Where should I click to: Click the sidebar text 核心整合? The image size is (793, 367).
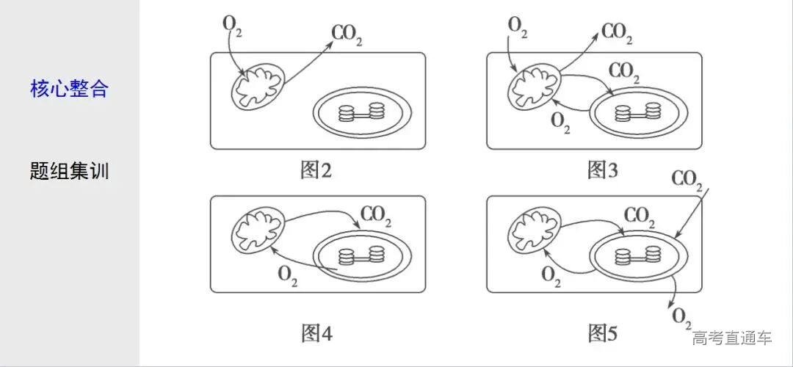(x=69, y=90)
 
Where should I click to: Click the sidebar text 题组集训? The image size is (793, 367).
(x=69, y=172)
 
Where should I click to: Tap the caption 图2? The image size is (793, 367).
(x=316, y=171)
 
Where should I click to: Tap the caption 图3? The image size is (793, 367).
(x=603, y=171)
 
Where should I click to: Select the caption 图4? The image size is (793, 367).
(x=316, y=334)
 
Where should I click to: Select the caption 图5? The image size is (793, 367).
(x=603, y=334)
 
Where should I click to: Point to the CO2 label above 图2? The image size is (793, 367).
(x=347, y=34)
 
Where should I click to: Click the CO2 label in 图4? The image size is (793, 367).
(x=376, y=217)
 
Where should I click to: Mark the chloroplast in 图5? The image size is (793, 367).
(x=636, y=255)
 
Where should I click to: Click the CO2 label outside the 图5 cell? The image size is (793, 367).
(x=687, y=181)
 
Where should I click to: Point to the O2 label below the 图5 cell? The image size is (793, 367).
(x=681, y=318)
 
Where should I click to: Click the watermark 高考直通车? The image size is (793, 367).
(x=732, y=338)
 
